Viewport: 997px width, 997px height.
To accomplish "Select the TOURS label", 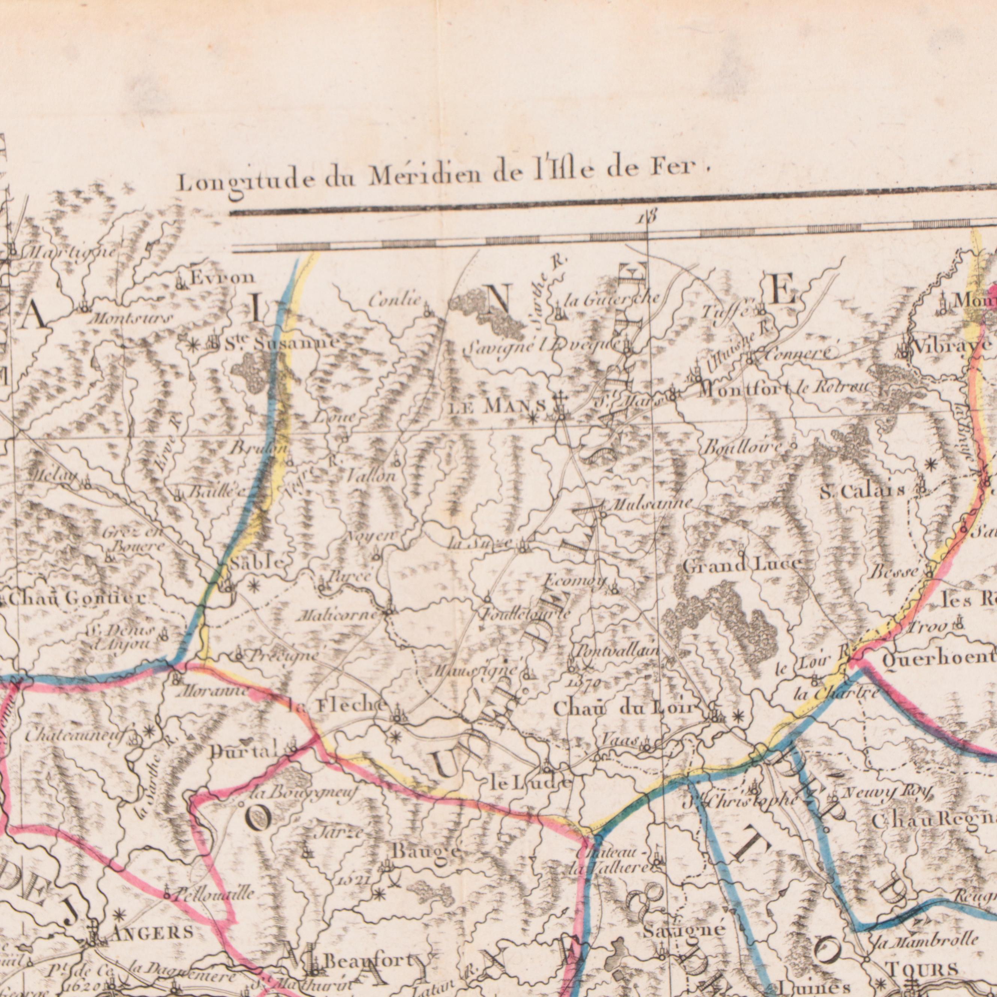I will (x=922, y=968).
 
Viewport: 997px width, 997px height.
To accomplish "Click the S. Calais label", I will (x=863, y=491).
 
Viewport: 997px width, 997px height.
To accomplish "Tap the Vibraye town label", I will (x=952, y=346).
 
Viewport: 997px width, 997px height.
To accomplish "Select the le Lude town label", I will (x=530, y=783).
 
